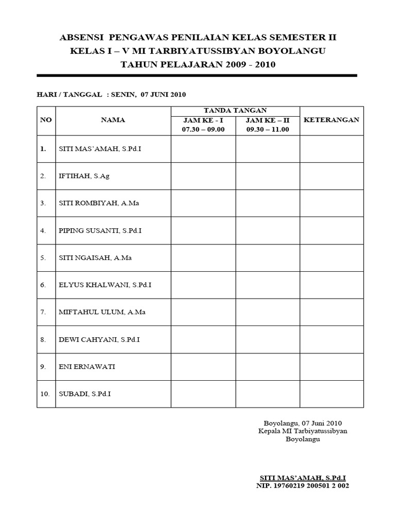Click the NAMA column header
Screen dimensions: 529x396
(113, 120)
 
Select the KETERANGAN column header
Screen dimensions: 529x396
(332, 120)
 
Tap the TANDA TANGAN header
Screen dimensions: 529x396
(235, 111)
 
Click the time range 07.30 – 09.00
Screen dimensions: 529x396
(203, 129)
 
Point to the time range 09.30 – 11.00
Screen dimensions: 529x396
(268, 129)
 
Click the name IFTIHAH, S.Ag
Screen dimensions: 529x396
(84, 176)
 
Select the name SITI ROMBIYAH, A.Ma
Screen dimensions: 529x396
(98, 203)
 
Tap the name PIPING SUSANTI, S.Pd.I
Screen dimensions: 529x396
(100, 230)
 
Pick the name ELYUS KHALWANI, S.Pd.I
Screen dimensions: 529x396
(105, 285)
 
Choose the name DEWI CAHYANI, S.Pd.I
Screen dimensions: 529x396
(99, 339)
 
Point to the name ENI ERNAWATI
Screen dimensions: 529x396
(87, 366)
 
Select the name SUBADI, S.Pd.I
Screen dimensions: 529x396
(84, 394)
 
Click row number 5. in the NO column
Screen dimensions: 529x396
(43, 257)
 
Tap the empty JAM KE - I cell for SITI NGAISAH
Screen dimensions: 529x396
(203, 257)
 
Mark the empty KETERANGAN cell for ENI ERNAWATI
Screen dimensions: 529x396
(332, 366)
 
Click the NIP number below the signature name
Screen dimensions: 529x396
(302, 486)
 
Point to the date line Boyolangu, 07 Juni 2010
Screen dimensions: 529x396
(302, 423)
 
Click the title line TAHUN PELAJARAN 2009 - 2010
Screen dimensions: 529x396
(198, 65)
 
